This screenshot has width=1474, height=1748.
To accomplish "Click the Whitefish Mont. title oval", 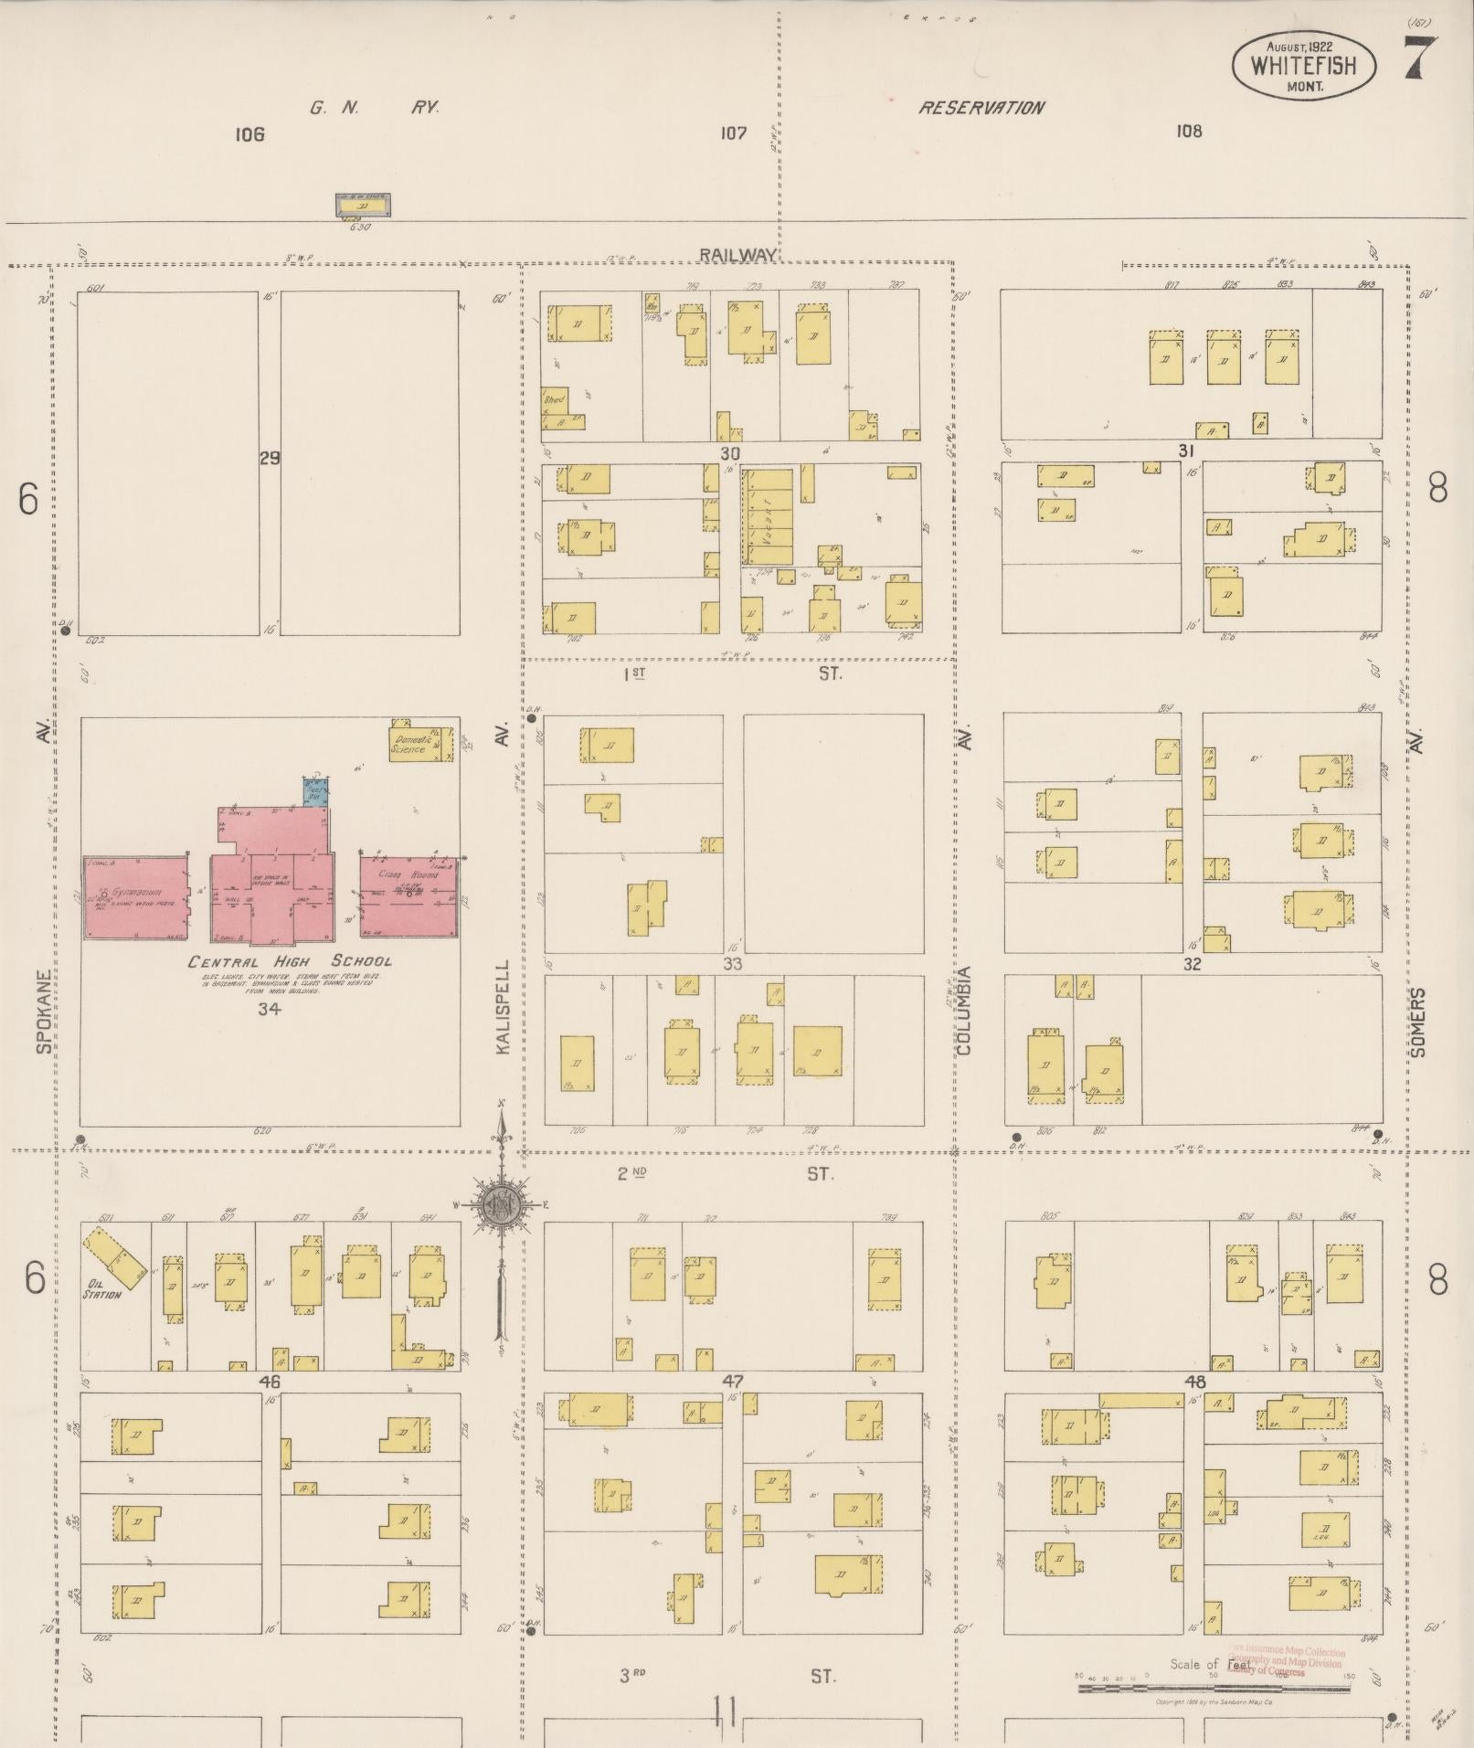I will [x=1304, y=67].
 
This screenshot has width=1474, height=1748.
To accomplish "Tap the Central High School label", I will [x=290, y=961].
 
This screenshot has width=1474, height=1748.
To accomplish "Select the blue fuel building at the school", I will [x=316, y=791].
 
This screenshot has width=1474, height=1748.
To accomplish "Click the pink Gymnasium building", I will [x=135, y=897].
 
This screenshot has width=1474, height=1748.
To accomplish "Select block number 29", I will [x=269, y=459].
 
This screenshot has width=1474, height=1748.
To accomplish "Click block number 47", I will [x=733, y=1381].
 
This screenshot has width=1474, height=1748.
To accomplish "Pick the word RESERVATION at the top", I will [x=981, y=108].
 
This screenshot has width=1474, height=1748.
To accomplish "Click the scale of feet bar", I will [x=1214, y=1688].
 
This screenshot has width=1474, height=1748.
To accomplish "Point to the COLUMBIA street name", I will [x=964, y=1011].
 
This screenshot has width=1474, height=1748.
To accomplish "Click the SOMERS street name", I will [x=1416, y=1022].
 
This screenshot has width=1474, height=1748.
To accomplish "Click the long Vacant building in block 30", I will [x=766, y=517].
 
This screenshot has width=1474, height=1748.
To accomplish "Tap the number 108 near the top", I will [x=1189, y=131].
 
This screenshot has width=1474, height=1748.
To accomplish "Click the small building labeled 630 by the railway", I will [x=363, y=207].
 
